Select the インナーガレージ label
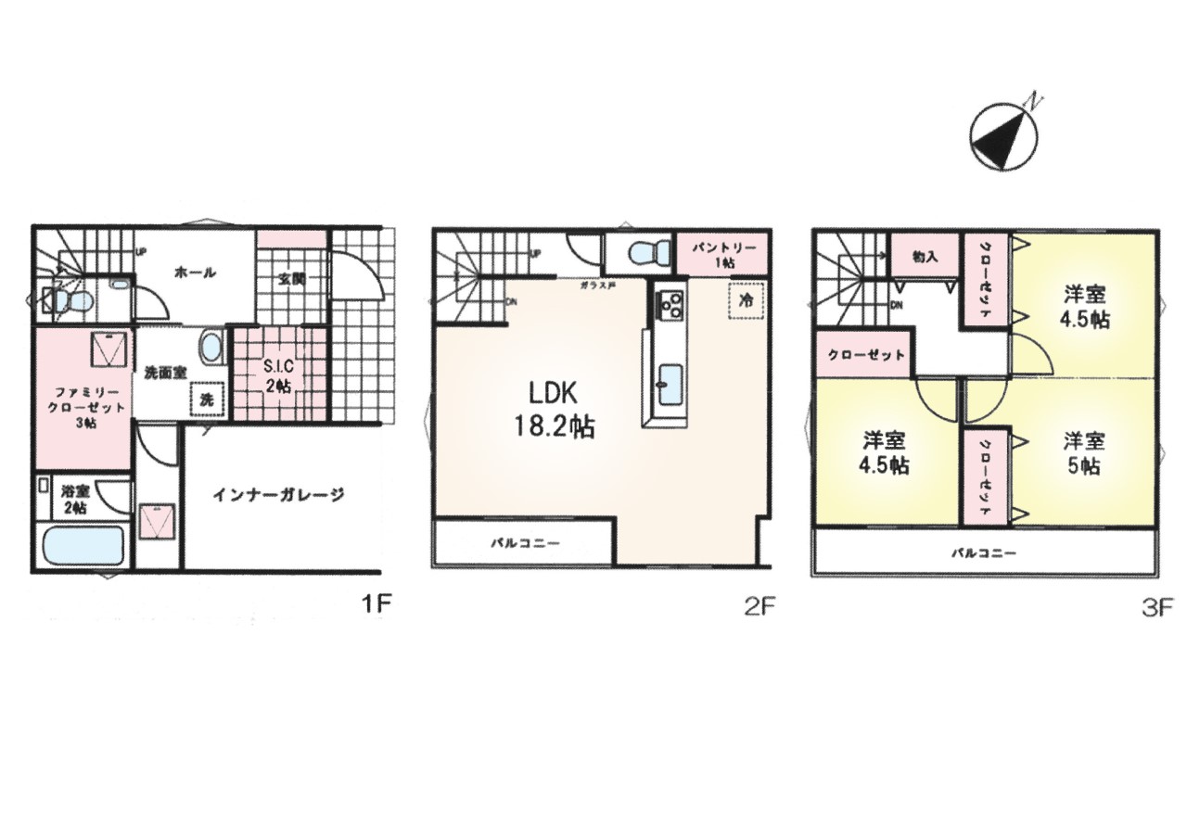click(278, 494)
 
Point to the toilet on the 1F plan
click(70, 299)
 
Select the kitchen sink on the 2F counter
click(670, 383)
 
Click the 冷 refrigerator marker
click(746, 300)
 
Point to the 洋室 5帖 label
click(1081, 452)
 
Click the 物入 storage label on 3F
click(925, 257)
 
